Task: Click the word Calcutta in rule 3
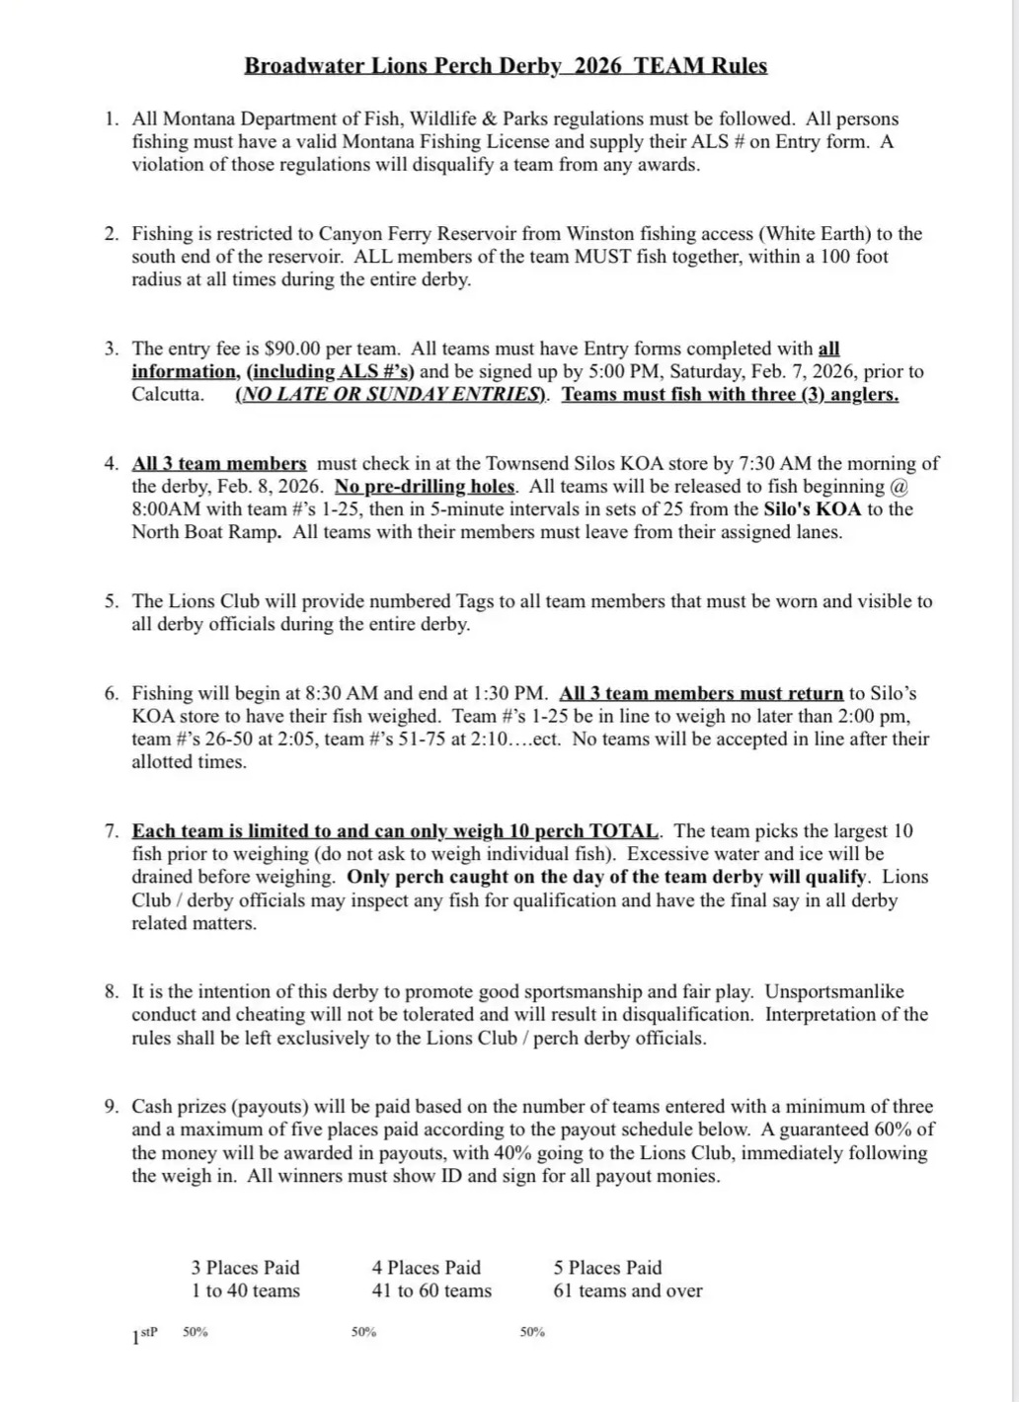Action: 167,395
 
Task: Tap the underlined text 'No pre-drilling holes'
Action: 425,487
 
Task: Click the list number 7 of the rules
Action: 111,831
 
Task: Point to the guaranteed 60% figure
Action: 896,1129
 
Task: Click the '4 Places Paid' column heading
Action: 426,1268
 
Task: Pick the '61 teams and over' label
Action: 627,1290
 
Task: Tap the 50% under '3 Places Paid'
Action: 196,1332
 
